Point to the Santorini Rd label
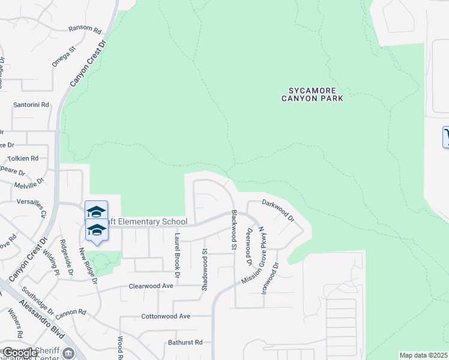pos(31,104)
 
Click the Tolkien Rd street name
pos(23,158)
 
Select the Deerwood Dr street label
pos(249,246)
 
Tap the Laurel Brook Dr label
pos(176,256)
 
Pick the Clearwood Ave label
pos(151,286)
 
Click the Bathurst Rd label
pos(185,343)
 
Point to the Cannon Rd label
pos(72,312)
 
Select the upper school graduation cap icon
pos(96,211)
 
